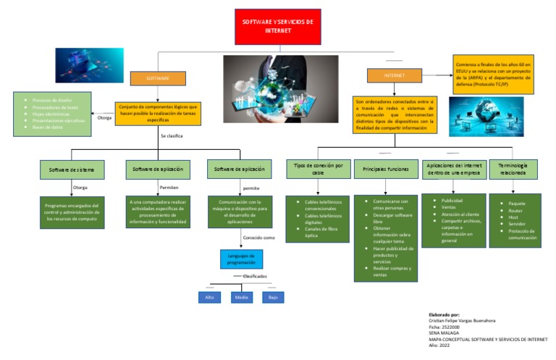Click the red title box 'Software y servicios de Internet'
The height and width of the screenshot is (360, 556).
tap(278, 27)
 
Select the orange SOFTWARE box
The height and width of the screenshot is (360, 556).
tap(158, 78)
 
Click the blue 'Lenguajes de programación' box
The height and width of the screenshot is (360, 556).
tap(242, 259)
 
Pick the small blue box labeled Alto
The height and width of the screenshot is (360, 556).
tap(209, 297)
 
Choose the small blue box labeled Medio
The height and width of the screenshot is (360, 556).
tap(242, 297)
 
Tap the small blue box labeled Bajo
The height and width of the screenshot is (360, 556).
tap(273, 297)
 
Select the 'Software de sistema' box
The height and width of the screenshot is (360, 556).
tap(72, 170)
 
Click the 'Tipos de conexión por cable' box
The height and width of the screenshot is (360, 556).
tap(319, 169)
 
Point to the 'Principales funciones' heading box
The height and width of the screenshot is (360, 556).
tap(387, 169)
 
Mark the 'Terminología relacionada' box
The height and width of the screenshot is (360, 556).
tap(513, 169)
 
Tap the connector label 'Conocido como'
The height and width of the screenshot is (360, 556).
tap(258, 237)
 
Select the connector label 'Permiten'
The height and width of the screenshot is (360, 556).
tap(169, 187)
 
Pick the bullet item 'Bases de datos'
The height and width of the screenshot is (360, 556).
tap(47, 127)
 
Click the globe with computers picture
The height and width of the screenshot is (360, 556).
tap(476, 117)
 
